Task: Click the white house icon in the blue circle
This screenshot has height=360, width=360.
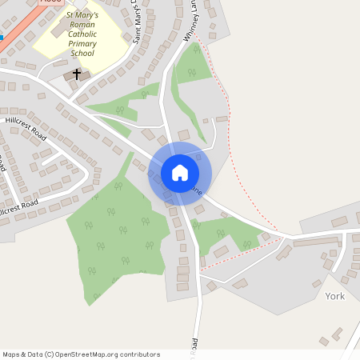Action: [180, 172]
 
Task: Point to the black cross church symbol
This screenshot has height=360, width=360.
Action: [78, 74]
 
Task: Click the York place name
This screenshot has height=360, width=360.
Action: [335, 296]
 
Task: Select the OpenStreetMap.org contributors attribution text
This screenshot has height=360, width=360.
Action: [108, 354]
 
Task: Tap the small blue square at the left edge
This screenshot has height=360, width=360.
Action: [2, 36]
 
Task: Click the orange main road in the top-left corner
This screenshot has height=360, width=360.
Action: [16, 36]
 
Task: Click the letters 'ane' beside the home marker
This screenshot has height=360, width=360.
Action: [197, 190]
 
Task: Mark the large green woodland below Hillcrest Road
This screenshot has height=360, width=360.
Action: [116, 232]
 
